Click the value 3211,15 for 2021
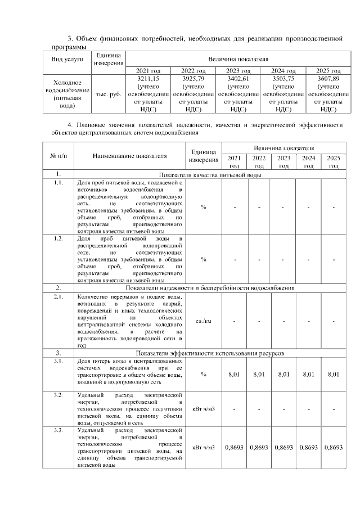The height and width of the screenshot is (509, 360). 148,79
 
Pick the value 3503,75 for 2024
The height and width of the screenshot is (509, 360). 283,79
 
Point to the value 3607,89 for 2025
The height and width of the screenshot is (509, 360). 328,79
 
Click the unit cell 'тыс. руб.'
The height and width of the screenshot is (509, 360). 109,93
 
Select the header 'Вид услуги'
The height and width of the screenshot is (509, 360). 67,59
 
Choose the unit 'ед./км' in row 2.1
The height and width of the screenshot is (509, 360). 203,321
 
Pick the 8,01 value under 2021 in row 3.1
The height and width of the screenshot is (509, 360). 235,373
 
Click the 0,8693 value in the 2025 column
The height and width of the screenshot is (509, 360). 333,448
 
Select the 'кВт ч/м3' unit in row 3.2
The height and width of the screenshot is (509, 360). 203,409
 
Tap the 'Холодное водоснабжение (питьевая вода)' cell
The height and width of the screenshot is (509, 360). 67,93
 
